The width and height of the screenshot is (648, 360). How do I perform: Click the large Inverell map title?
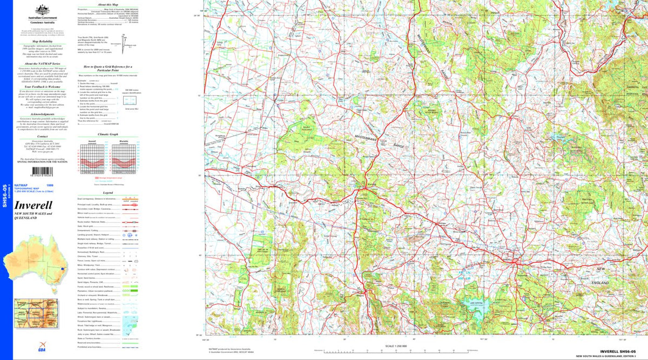[x=33, y=205]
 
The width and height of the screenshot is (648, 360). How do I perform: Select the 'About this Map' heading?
[x=105, y=4]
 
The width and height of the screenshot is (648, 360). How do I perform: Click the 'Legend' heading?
[x=107, y=193]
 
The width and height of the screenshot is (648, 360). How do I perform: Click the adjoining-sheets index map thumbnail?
[x=36, y=313]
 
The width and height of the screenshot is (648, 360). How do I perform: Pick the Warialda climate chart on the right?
[x=124, y=158]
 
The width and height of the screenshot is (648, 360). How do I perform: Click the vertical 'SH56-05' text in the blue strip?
[x=5, y=194]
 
